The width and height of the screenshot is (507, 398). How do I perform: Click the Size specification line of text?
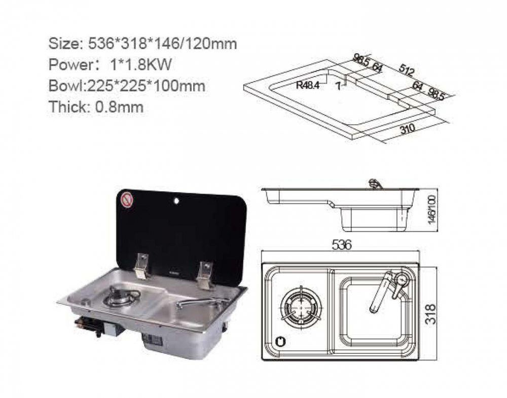pyautogui.click(x=142, y=44)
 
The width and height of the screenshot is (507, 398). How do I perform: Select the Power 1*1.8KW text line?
pyautogui.click(x=110, y=65)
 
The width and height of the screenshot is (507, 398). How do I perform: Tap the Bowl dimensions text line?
pyautogui.click(x=127, y=86)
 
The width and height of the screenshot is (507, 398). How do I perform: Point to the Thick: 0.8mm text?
pyautogui.click(x=96, y=106)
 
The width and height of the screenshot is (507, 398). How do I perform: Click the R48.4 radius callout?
pyautogui.click(x=308, y=86)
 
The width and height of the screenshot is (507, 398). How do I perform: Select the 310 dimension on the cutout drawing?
pyautogui.click(x=408, y=129)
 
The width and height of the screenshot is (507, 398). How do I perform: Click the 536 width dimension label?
pyautogui.click(x=341, y=245)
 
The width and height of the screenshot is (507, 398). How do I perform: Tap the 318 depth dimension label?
pyautogui.click(x=430, y=314)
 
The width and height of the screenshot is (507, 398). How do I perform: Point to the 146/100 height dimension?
pyautogui.click(x=431, y=209)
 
